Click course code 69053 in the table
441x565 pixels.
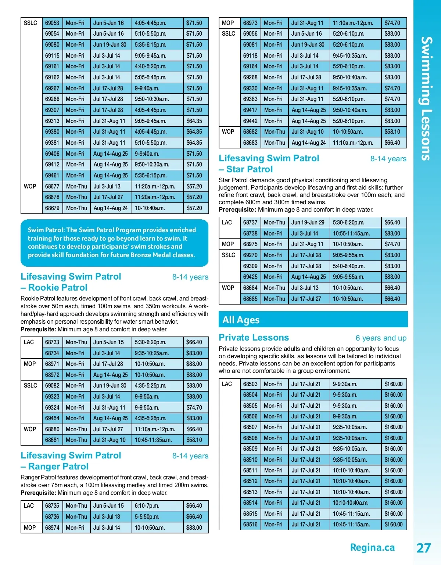point(52,23)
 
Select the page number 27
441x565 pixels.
point(423,548)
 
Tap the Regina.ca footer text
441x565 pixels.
point(372,547)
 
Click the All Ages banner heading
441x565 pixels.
point(241,320)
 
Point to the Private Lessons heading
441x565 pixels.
point(254,338)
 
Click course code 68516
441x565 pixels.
point(250,524)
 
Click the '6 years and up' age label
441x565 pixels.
point(381,338)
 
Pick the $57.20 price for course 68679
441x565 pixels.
point(194,208)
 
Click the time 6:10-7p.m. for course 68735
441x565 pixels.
point(147,505)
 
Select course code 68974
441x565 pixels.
point(52,528)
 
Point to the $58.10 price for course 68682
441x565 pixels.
point(392,132)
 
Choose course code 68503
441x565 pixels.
point(250,384)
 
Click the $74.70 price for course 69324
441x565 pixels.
point(194,407)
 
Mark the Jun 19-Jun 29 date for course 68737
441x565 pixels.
point(308,222)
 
